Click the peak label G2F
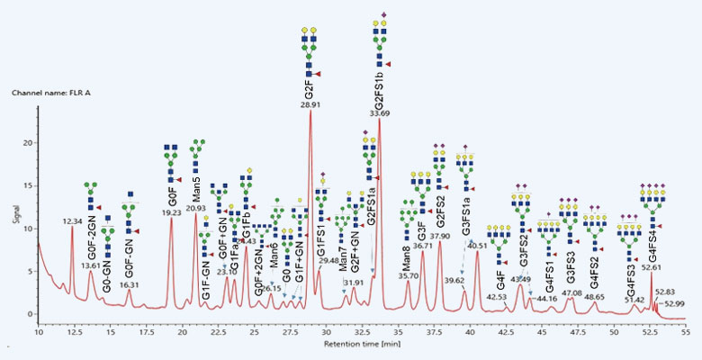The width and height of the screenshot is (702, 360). tap(310, 90)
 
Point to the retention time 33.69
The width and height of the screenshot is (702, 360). tap(380, 114)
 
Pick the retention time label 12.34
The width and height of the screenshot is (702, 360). tap(72, 220)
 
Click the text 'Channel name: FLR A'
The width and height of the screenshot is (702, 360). tap(54, 92)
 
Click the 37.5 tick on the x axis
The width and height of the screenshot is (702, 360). tap(435, 332)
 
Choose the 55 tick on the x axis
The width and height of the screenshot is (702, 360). tap(687, 332)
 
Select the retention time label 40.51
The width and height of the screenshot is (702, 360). tap(478, 245)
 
